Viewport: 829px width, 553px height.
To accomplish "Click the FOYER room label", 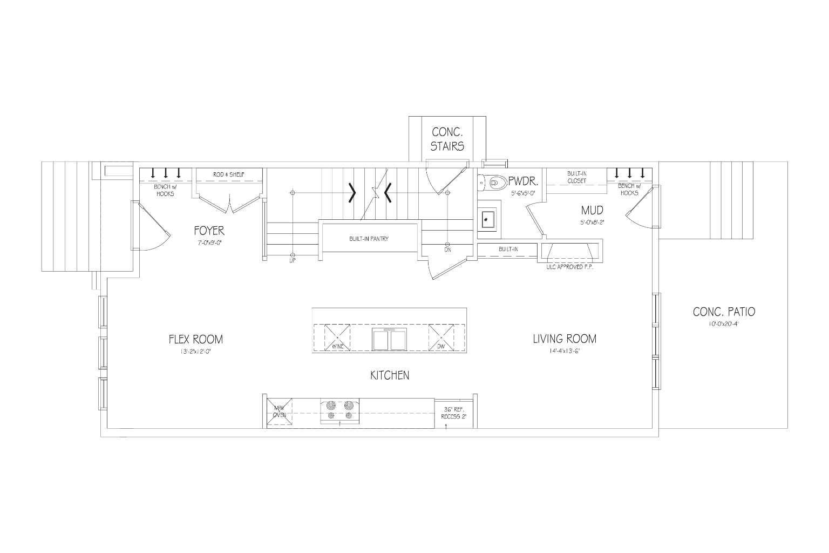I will [209, 231].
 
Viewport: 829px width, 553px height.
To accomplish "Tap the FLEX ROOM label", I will [195, 339].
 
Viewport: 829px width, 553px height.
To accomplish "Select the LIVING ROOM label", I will [565, 339].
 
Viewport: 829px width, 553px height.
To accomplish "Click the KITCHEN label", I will [389, 375].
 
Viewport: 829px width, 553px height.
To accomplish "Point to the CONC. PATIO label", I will [724, 312].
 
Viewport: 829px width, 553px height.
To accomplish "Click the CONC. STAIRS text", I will [447, 139].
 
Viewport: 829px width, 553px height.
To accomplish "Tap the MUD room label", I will [592, 210].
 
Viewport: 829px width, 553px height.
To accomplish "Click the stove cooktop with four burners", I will [339, 410].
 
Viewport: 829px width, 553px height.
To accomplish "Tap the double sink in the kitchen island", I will [389, 339].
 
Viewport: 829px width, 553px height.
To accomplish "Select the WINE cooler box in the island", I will [337, 338].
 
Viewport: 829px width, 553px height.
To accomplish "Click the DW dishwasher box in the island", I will [441, 338].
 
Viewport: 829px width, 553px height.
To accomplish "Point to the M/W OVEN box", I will [279, 412].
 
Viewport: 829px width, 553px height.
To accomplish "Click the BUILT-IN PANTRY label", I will [369, 238].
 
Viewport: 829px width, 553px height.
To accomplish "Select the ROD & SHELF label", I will [229, 174].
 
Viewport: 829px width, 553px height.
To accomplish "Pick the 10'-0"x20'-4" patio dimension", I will [723, 325].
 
